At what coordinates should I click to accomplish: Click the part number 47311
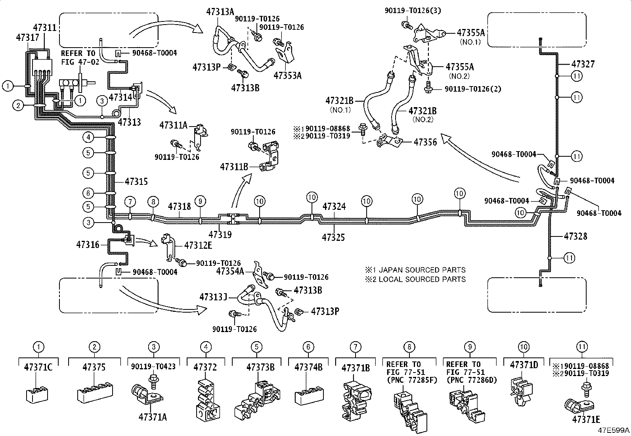click(45, 28)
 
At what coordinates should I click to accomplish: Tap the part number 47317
click(28, 38)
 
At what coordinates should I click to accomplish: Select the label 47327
click(583, 64)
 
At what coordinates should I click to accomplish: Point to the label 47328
click(576, 236)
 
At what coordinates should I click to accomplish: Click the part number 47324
click(334, 206)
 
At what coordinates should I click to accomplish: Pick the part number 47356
click(425, 142)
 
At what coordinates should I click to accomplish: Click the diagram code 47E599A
click(614, 430)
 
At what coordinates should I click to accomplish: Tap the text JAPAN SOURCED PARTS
click(422, 270)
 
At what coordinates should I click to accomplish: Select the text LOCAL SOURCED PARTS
click(422, 279)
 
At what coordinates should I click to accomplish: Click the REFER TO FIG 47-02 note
click(80, 58)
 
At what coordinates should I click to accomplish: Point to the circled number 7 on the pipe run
click(130, 202)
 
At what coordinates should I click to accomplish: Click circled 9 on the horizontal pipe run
click(200, 202)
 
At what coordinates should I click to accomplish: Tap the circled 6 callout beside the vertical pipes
click(88, 193)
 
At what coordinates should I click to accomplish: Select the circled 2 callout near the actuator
click(18, 106)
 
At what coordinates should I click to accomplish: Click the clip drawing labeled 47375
click(95, 391)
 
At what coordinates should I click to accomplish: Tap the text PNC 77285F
click(412, 380)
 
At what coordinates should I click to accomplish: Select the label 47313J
click(213, 297)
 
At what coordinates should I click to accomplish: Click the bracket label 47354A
click(230, 271)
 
